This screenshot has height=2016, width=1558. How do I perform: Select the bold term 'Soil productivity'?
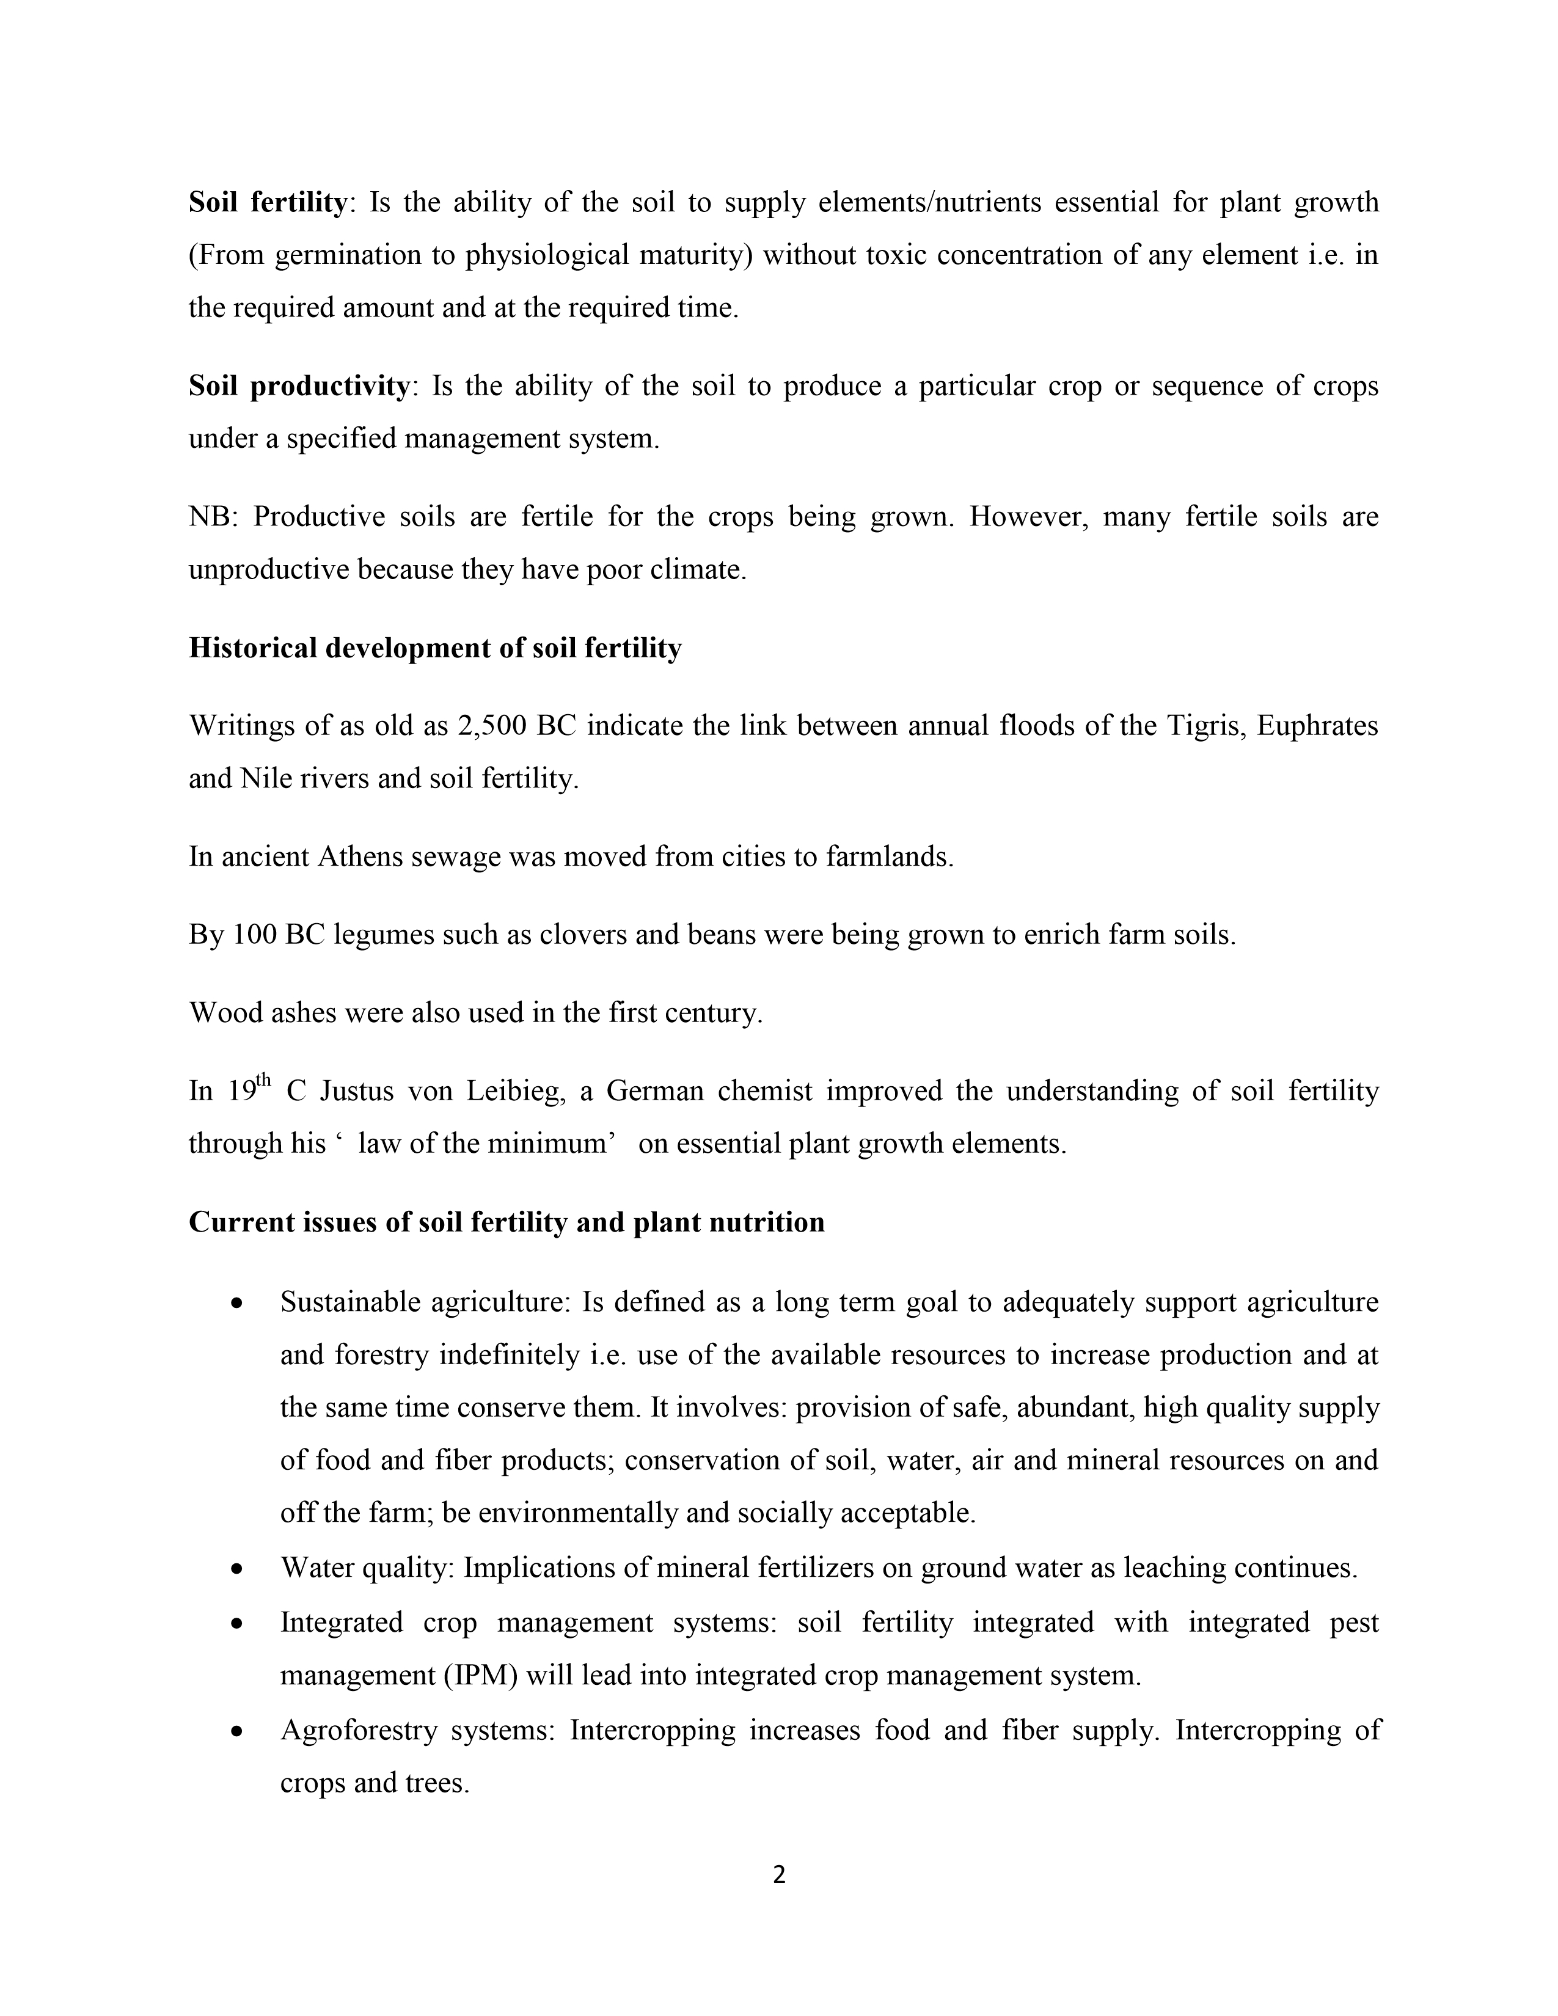pos(299,386)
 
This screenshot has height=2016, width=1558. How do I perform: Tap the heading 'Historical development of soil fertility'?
pos(435,648)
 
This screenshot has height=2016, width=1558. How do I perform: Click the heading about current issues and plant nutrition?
pos(507,1222)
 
